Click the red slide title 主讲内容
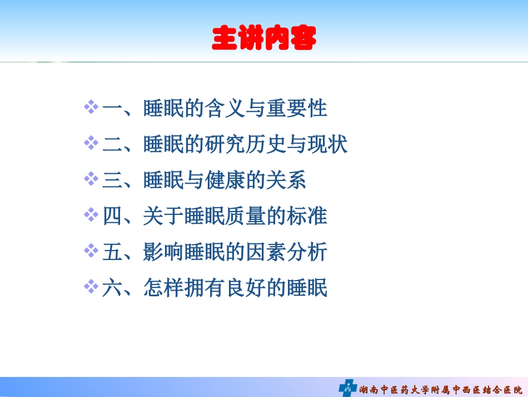point(264,38)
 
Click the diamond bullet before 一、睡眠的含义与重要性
point(91,107)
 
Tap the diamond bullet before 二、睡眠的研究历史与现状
point(91,144)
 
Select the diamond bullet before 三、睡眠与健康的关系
point(91,180)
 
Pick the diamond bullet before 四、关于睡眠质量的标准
point(91,216)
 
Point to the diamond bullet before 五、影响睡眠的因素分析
point(91,252)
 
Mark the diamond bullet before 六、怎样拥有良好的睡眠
point(91,288)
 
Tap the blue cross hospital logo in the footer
point(347,387)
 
